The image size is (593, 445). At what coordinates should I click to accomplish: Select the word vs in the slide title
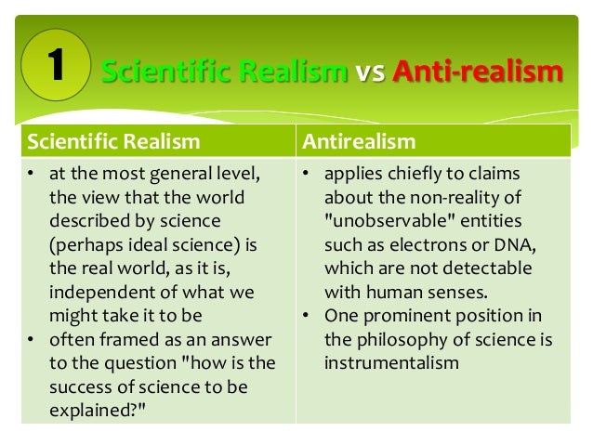point(372,72)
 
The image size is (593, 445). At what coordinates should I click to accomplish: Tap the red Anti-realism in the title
point(478,72)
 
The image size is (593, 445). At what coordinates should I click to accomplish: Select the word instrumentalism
point(391,361)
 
